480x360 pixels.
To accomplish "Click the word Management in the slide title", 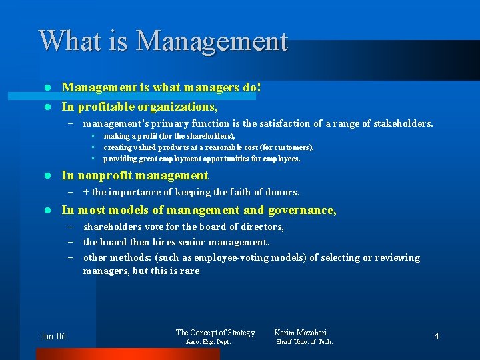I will point(212,41).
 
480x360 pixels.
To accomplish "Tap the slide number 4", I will point(437,336).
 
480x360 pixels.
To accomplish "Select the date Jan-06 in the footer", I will point(53,336).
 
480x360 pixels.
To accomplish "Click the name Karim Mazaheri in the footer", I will point(301,332).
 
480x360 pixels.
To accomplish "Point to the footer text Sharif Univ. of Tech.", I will point(304,342).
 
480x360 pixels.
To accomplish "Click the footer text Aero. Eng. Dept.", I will point(208,342).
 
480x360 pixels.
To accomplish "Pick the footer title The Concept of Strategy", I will point(215,332).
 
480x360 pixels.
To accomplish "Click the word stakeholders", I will point(401,123).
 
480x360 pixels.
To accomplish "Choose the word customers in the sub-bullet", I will point(293,147).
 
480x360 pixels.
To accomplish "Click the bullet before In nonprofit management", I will point(47,176).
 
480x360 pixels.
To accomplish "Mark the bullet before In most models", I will point(47,210).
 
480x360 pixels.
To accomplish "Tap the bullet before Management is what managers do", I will point(47,87).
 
